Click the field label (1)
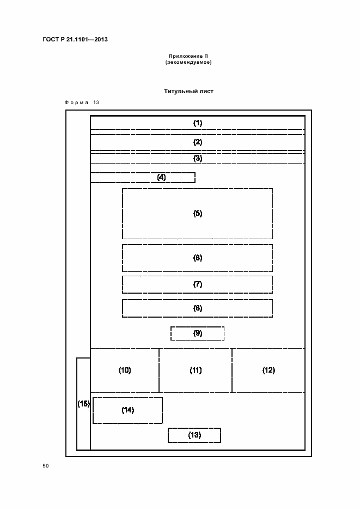(198, 123)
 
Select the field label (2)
(198, 142)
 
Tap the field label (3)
(198, 159)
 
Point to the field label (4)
(161, 177)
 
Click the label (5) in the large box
(198, 214)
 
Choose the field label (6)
(198, 258)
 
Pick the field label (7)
(198, 284)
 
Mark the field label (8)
(198, 308)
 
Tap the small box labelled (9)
(198, 333)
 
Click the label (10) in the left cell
(125, 371)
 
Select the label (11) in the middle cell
(196, 371)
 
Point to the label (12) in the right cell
(269, 371)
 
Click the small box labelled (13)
(194, 435)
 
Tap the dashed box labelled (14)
(128, 410)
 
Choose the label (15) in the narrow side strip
(83, 404)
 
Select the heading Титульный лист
(188, 92)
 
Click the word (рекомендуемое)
(188, 62)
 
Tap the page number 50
(46, 466)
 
